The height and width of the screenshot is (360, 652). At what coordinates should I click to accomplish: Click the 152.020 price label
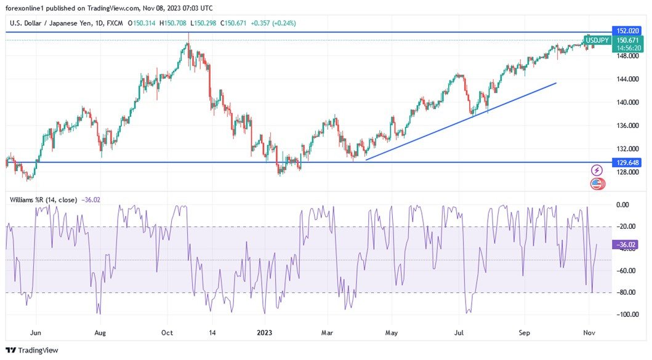pos(628,31)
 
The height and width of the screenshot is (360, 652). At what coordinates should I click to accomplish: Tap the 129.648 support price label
pos(628,162)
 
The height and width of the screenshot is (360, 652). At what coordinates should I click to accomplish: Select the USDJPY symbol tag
pos(597,41)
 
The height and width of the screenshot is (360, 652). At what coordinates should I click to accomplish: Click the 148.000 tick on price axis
pos(627,56)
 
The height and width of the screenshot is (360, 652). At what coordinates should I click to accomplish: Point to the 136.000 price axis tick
pos(627,126)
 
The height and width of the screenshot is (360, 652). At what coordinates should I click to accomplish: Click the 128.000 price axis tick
pos(627,172)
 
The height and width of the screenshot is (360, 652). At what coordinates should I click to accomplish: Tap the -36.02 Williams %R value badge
pos(626,245)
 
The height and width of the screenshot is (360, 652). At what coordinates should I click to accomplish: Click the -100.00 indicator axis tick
pos(625,314)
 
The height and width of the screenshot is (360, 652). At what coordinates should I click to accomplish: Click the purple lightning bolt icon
pos(597,170)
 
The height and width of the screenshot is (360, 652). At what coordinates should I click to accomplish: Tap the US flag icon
pos(596,183)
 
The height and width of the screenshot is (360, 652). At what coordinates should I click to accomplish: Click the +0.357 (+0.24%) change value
pos(272,23)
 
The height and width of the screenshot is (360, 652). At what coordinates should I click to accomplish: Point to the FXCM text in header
pos(114,23)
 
